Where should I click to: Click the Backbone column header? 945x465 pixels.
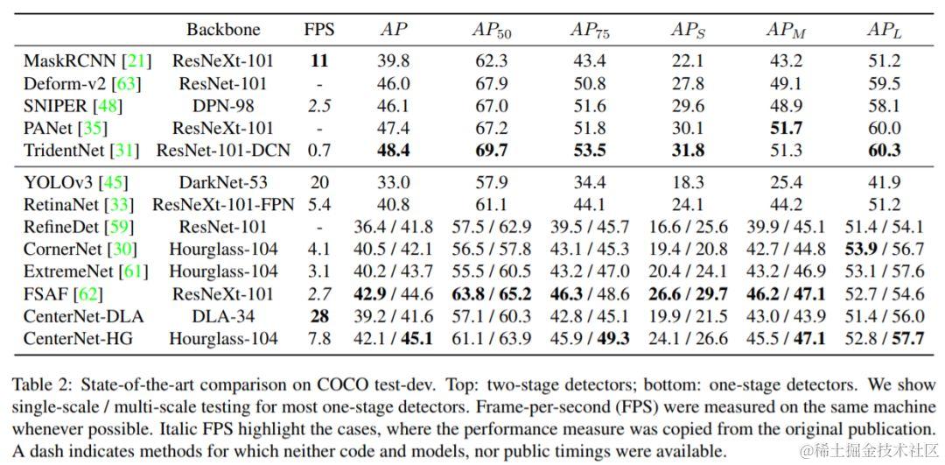[223, 30]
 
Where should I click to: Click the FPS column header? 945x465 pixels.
[319, 30]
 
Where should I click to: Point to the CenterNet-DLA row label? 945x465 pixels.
[83, 316]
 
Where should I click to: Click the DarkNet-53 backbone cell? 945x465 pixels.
[223, 183]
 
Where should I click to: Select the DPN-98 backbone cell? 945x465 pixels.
[223, 106]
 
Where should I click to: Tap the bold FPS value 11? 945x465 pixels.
[319, 61]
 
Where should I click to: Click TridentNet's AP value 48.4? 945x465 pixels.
[394, 150]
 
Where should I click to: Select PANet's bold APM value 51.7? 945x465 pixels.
[785, 128]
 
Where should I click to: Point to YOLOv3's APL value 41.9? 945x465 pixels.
[883, 183]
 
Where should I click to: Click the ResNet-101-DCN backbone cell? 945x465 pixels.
[223, 150]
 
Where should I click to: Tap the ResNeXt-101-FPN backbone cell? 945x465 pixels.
[223, 206]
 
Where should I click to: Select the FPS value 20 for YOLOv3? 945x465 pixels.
[319, 183]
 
